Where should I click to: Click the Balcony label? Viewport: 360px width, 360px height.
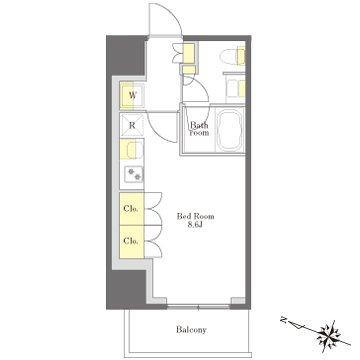pos(191,330)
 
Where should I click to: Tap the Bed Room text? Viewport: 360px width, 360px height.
pos(195,216)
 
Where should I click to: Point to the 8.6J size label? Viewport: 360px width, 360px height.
pos(195,225)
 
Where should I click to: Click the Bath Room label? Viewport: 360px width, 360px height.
pos(199,129)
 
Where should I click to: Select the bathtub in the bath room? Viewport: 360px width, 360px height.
pos(229,130)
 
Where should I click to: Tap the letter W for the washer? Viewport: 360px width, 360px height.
pos(133,96)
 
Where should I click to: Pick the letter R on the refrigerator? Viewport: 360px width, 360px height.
pos(132,126)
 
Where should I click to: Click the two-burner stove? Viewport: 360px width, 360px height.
pos(134,174)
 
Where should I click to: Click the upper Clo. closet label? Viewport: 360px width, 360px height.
pos(131,209)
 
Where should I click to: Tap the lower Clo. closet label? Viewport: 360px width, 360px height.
pos(131,241)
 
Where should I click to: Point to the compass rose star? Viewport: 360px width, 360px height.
pos(329,335)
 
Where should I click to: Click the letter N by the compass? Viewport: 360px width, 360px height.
pos(284,320)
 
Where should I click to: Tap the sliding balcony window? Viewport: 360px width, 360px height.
pos(199,307)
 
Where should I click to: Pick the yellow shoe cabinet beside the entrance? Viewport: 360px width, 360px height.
pos(189,54)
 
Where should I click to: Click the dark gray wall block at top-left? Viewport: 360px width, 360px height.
pos(126,55)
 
